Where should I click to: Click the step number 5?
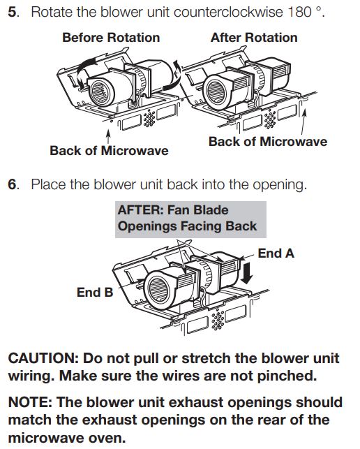coord(13,13)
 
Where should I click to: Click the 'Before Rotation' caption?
coord(111,38)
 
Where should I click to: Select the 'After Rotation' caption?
coord(254,38)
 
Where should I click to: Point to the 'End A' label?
coord(276,253)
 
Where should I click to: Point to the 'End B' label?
coord(95,293)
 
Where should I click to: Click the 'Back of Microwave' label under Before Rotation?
coord(109,150)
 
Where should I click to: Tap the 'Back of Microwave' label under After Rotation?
coord(268,142)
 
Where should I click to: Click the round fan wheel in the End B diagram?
coord(155,286)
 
